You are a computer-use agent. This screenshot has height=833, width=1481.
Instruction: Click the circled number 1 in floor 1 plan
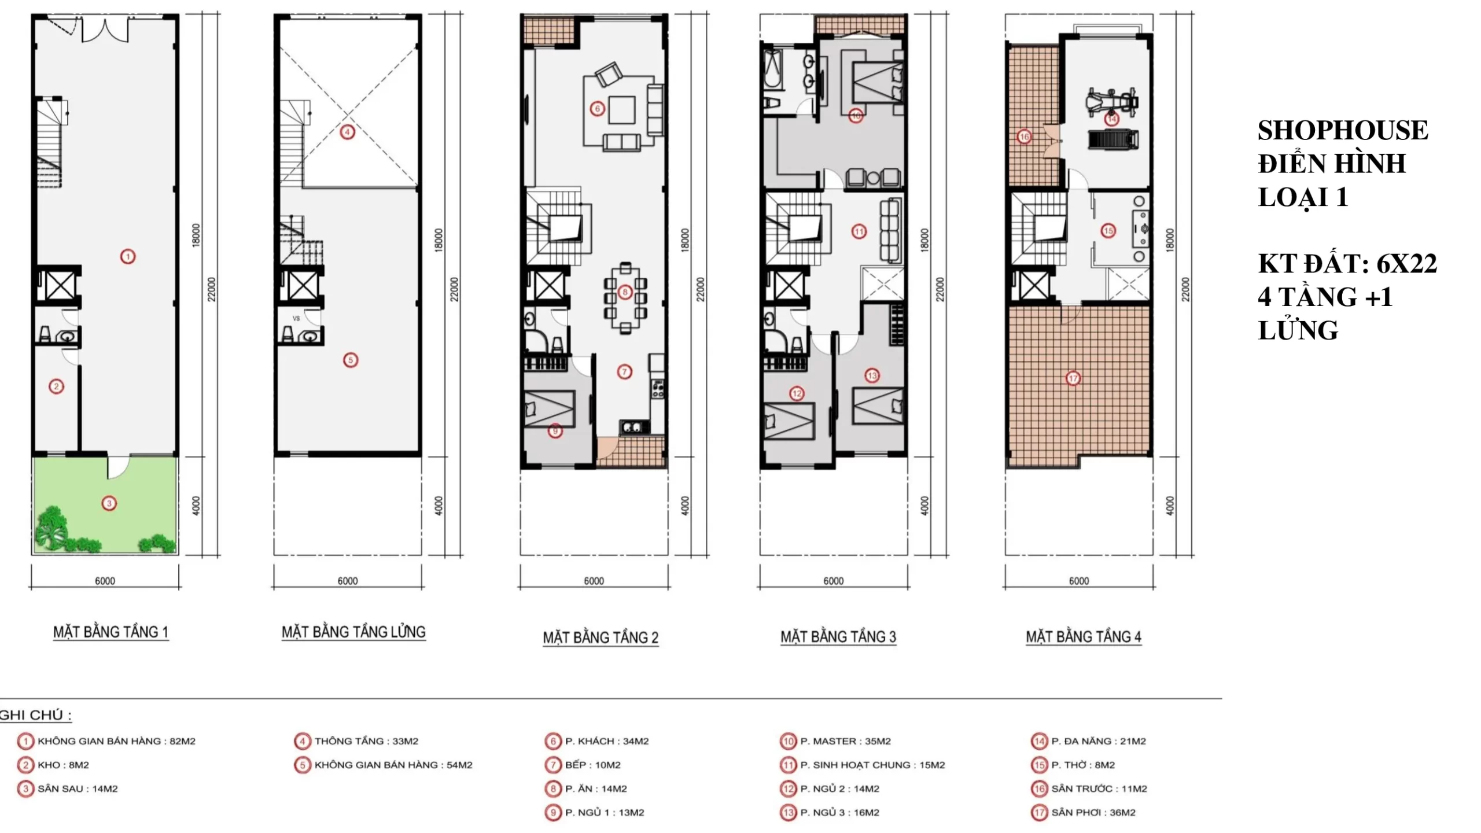point(128,256)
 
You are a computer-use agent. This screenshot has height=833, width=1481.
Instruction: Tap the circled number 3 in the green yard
point(109,503)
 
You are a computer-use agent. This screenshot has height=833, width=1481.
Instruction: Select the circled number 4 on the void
point(347,132)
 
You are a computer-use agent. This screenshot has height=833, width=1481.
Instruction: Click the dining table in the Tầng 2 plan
point(625,297)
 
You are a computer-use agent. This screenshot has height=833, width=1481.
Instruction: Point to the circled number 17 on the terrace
point(1073,378)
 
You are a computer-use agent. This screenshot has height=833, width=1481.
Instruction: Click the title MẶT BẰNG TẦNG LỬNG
point(353,632)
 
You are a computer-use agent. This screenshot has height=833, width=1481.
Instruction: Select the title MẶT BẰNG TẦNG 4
point(1084,637)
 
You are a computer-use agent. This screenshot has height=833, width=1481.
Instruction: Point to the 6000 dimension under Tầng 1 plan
point(105,581)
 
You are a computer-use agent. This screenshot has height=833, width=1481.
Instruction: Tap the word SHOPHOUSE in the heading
point(1343,130)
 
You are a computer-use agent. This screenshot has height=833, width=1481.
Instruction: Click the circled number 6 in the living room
point(598,108)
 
